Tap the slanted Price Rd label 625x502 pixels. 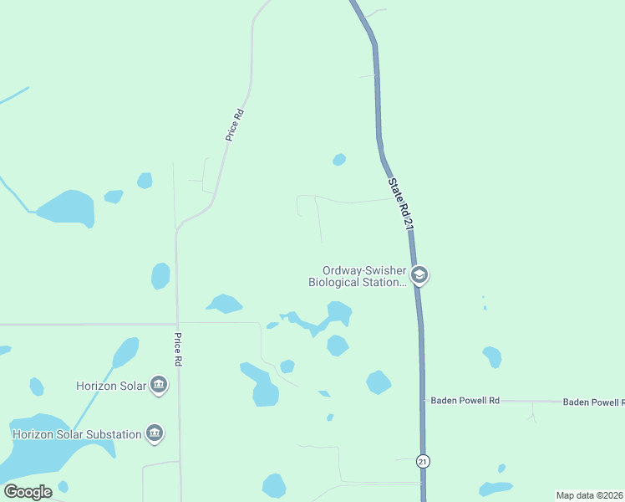coord(234,125)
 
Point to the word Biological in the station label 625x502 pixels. coord(334,282)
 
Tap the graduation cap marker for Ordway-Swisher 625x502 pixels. coord(419,275)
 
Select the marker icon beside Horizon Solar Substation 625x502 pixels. coord(154,433)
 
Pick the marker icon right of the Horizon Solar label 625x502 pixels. coord(159,386)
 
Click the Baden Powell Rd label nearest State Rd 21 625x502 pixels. coord(465,401)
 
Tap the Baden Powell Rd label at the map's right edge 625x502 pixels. coord(593,402)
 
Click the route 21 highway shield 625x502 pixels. coord(424,461)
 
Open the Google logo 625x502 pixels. coord(28,492)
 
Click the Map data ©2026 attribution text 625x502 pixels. coord(590,495)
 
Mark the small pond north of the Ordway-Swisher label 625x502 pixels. coord(338,159)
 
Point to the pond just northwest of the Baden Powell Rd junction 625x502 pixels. coord(379,382)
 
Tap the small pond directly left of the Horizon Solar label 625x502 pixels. coord(37,387)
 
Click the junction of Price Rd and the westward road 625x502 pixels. coord(176,324)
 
